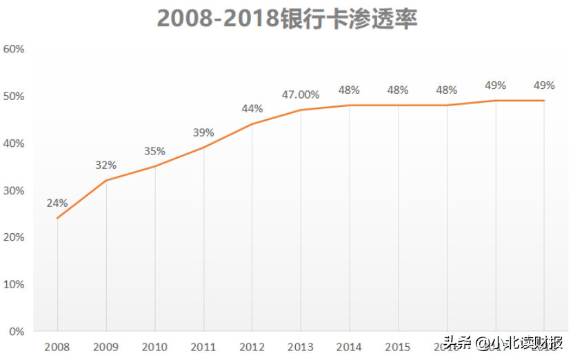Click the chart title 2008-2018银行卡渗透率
[x=288, y=19]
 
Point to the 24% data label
[x=57, y=203]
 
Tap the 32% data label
[x=106, y=165]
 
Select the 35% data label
[x=154, y=151]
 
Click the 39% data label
[x=203, y=132]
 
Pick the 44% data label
[x=252, y=108]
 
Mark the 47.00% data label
[x=301, y=94]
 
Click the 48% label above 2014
[x=350, y=90]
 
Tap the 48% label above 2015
[x=398, y=90]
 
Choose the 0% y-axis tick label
[x=17, y=331]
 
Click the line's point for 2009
[x=106, y=181]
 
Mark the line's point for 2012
[x=252, y=124]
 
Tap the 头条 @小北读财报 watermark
[x=503, y=343]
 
